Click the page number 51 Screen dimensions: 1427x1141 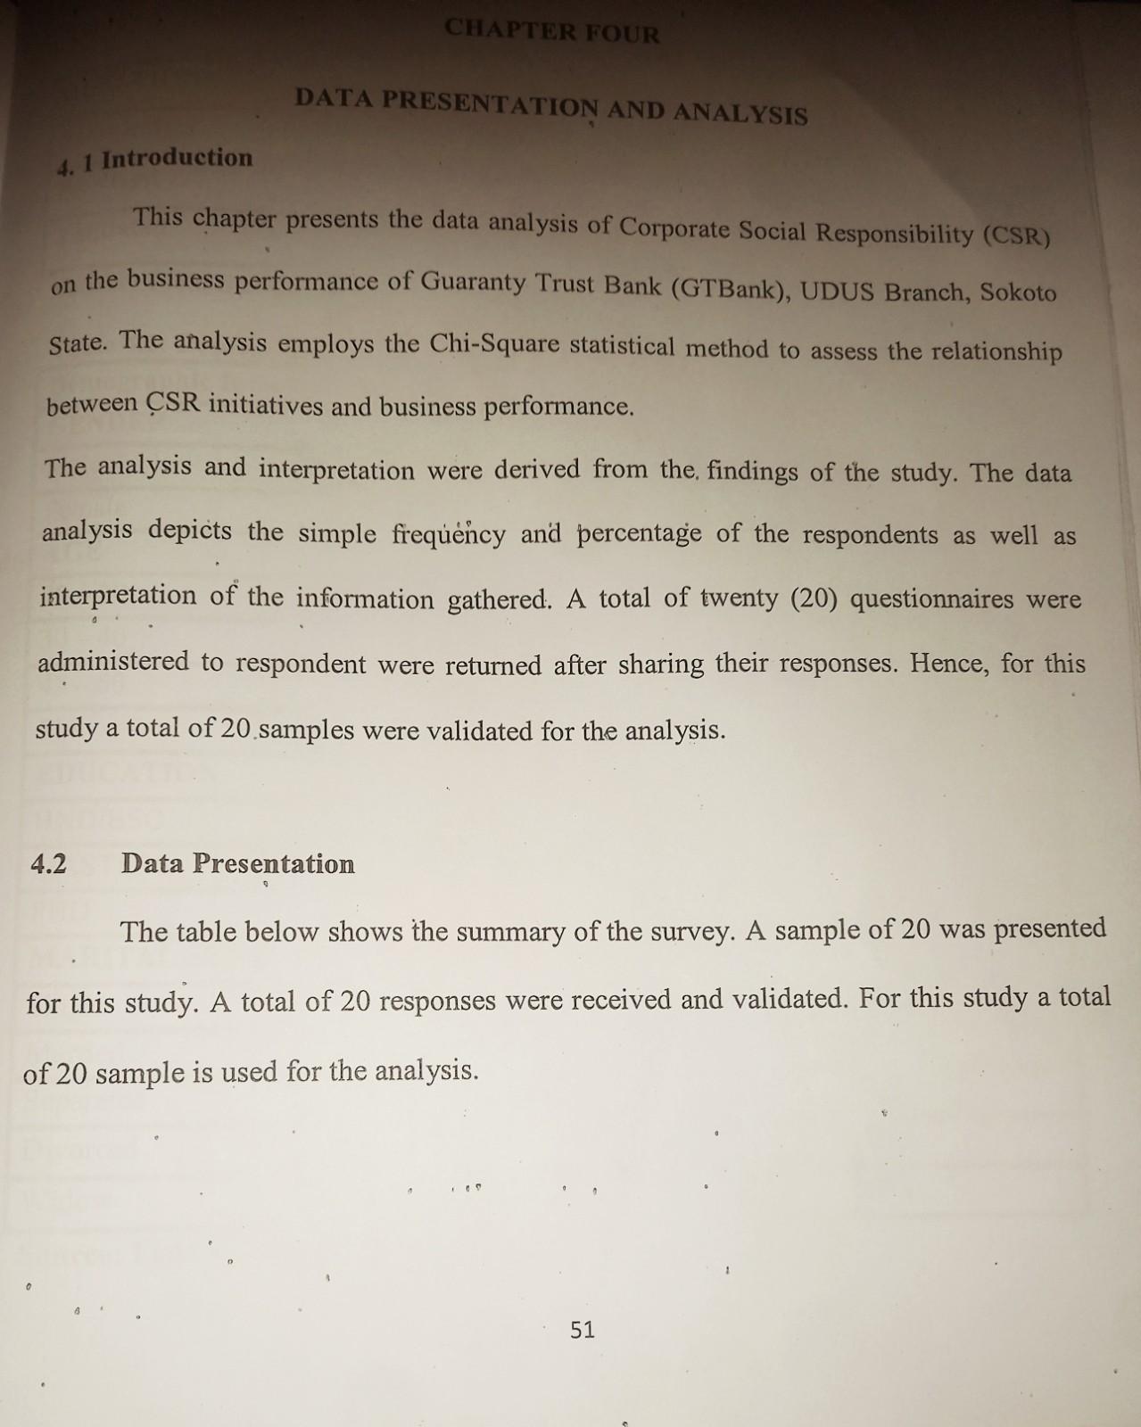tap(582, 1330)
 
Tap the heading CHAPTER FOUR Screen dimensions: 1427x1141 tap(552, 32)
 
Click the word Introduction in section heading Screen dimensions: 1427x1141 tap(177, 159)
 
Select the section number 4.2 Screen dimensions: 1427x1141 tap(48, 863)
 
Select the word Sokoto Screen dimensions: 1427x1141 tap(1018, 293)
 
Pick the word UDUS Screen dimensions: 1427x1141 tap(836, 291)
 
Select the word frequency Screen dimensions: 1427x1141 tap(449, 533)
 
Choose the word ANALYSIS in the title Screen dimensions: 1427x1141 tap(740, 113)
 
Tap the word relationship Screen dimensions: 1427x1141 tap(996, 351)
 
